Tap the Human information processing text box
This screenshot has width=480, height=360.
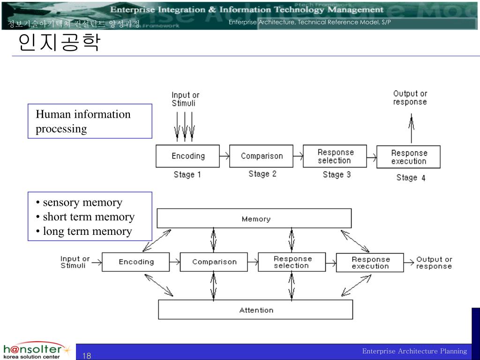[90, 121]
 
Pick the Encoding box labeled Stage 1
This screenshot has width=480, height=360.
[187, 156]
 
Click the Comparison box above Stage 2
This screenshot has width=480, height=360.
[262, 156]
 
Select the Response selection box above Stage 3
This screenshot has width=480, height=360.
[335, 156]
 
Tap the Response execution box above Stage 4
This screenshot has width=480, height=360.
[409, 157]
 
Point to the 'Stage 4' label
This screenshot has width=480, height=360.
[411, 178]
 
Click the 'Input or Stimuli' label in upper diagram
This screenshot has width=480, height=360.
[185, 99]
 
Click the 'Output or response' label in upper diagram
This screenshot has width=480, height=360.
[410, 97]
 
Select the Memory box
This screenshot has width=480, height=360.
[254, 218]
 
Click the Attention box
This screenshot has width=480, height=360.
[255, 310]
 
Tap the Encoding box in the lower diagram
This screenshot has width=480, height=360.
[135, 262]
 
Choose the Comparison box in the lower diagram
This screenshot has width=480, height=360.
[214, 262]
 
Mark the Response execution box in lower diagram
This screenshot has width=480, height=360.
[370, 262]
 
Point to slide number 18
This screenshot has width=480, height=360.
[87, 355]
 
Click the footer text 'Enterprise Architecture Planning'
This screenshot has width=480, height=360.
[414, 351]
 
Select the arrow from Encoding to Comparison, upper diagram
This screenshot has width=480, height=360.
[224, 156]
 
